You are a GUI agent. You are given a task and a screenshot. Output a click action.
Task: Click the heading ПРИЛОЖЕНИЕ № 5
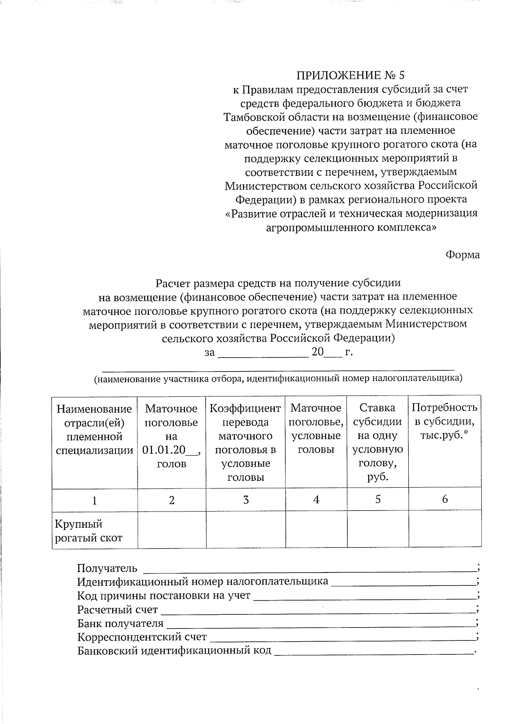pos(350,76)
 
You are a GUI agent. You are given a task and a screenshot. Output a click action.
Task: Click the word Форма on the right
pos(463,255)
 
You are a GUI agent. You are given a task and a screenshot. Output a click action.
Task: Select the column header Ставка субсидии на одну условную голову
pos(378,442)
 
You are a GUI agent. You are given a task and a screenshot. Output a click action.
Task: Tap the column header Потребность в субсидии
pos(444,422)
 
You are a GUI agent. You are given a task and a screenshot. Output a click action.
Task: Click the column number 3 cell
pos(246,500)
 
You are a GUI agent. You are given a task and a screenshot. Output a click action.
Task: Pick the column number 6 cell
pos(445,499)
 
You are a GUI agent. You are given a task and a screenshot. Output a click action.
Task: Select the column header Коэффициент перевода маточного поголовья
pos(245,442)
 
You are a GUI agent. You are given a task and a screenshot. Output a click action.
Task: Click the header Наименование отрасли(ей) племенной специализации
pos(94,429)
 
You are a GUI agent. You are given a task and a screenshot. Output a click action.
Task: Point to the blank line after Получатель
pos(309,569)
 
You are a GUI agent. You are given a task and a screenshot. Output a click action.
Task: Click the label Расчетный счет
pos(117,610)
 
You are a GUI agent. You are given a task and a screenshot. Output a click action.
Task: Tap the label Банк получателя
pos(120,623)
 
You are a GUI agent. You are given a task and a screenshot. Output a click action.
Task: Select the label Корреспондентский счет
pos(142,637)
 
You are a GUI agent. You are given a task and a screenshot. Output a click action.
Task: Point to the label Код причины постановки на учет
pos(164,596)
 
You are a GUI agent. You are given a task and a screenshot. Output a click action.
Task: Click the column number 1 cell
pos(94,500)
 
